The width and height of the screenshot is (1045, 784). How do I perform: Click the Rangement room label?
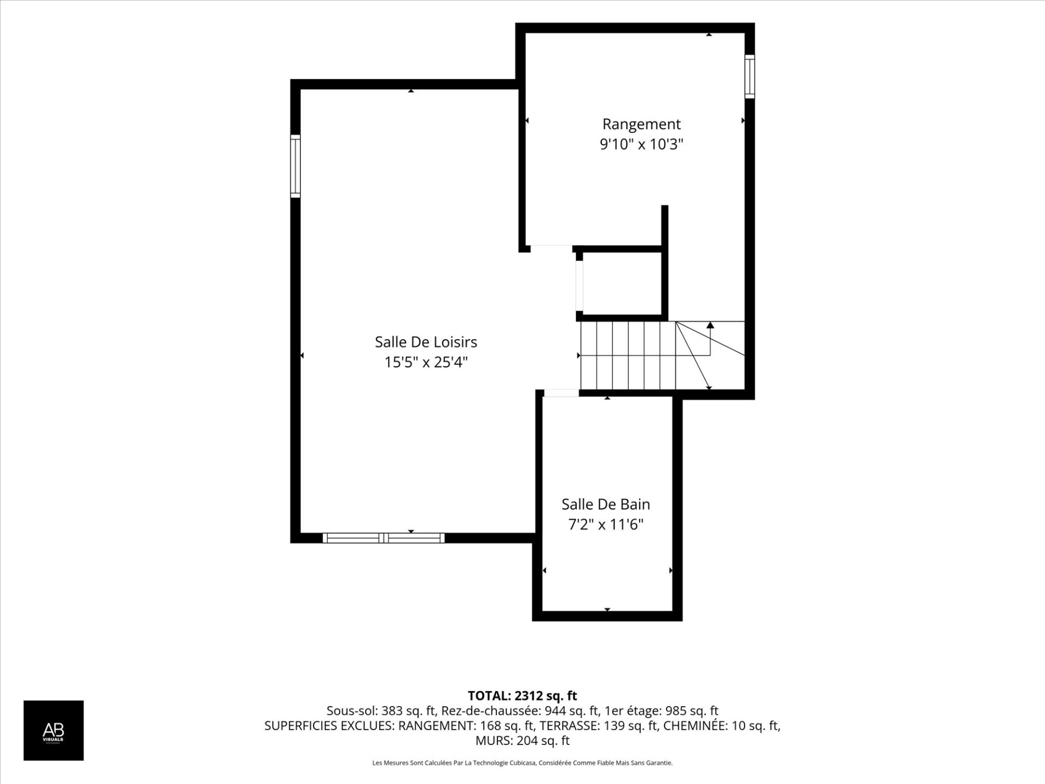pyautogui.click(x=641, y=125)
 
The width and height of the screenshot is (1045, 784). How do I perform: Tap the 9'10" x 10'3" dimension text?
pyautogui.click(x=641, y=145)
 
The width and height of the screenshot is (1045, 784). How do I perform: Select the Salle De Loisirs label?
pyautogui.click(x=426, y=342)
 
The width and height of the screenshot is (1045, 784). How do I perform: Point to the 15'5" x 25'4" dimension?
pyautogui.click(x=426, y=362)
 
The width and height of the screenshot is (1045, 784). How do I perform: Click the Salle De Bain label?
pyautogui.click(x=606, y=504)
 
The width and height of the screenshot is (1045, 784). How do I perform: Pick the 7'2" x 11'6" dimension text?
pyautogui.click(x=606, y=525)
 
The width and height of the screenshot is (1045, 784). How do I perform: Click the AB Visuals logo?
pyautogui.click(x=53, y=730)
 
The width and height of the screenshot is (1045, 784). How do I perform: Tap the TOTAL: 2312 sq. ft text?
pyautogui.click(x=522, y=696)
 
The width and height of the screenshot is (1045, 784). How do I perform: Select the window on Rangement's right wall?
pyautogui.click(x=749, y=76)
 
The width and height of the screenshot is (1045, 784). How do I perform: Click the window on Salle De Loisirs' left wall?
pyautogui.click(x=296, y=166)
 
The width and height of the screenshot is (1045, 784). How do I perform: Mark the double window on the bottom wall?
pyautogui.click(x=384, y=538)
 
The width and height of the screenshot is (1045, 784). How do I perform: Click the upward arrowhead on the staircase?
pyautogui.click(x=710, y=325)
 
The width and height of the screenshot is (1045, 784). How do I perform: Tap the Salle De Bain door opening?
pyautogui.click(x=561, y=393)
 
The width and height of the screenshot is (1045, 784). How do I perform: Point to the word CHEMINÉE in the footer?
pyautogui.click(x=691, y=726)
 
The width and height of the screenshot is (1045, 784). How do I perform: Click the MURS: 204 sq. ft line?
pyautogui.click(x=522, y=740)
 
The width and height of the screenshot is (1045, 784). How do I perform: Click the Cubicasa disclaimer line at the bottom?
pyautogui.click(x=522, y=763)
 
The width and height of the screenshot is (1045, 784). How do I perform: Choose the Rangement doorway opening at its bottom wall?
pyautogui.click(x=551, y=248)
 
